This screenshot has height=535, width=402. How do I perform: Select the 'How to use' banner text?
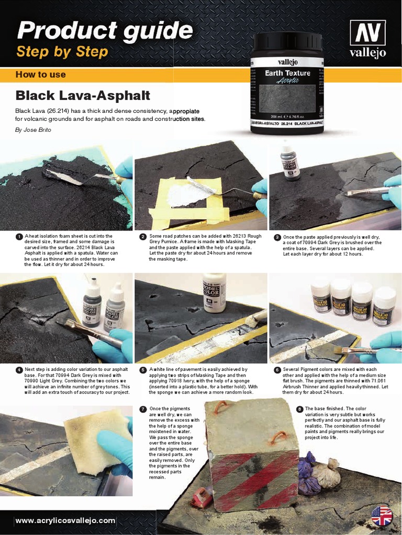click(41, 75)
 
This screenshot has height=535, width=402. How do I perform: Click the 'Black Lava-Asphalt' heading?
click(83, 96)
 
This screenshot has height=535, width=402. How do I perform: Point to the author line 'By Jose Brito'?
click(33, 130)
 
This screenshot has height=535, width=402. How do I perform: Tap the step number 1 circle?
click(19, 237)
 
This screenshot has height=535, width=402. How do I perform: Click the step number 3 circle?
click(277, 237)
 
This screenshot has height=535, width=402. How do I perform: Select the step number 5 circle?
click(142, 370)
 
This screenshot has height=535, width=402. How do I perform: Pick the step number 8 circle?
click(299, 409)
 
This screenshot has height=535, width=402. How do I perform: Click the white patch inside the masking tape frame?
click(183, 194)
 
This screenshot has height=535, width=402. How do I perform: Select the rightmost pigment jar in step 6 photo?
click(384, 306)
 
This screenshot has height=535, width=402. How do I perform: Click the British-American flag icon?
click(382, 516)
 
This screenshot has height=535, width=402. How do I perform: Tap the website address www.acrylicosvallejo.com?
click(65, 520)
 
